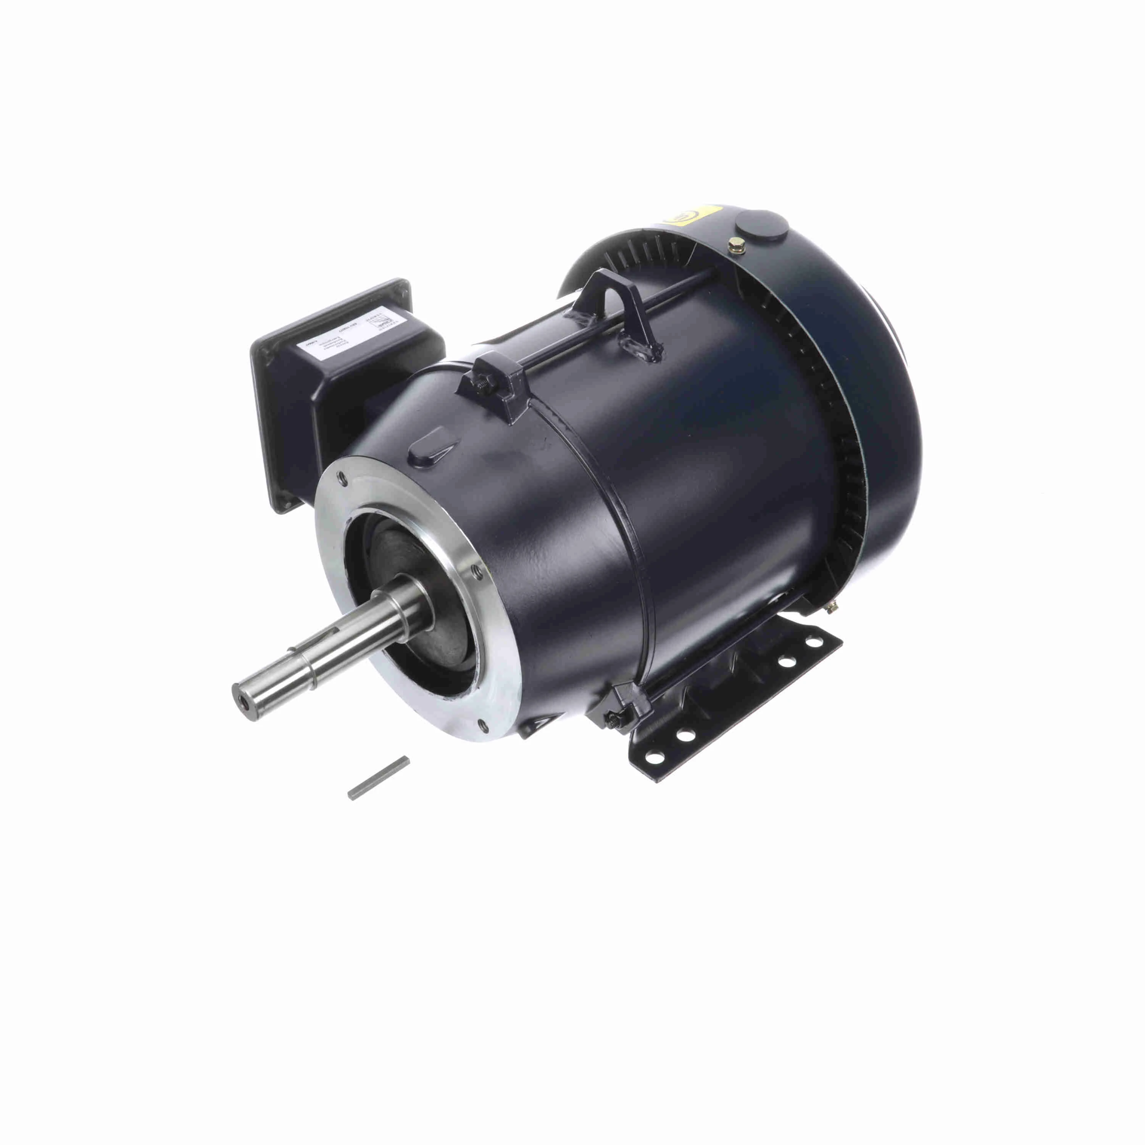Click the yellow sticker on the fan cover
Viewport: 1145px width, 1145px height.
click(x=687, y=219)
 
